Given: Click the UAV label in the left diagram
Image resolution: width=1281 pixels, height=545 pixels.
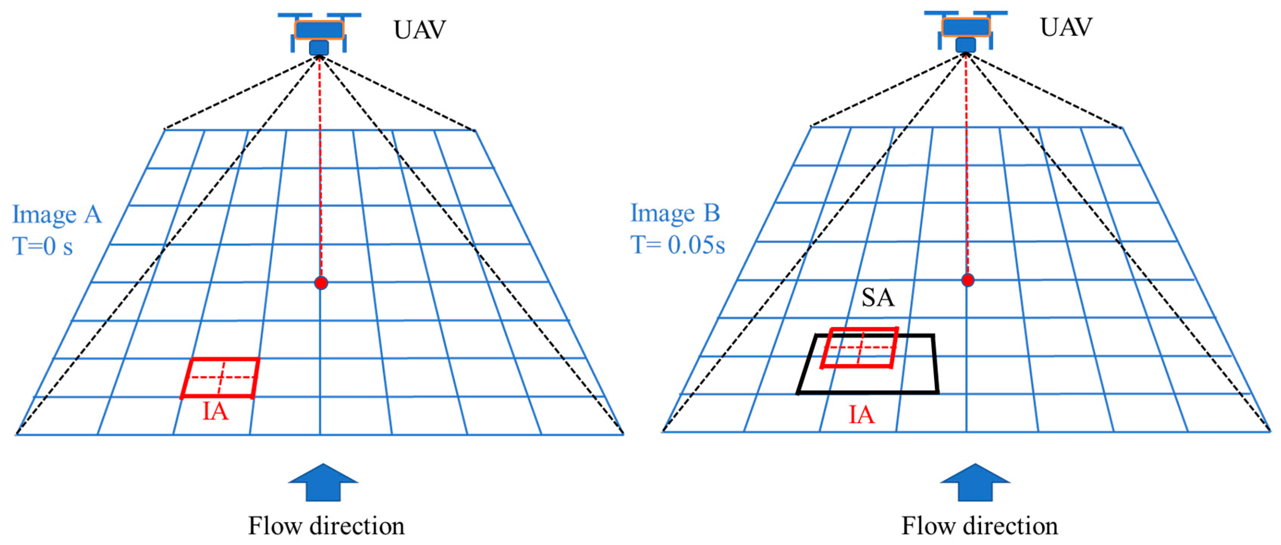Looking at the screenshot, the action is (419, 30).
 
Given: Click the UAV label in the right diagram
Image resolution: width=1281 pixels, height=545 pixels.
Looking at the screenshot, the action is (1066, 27).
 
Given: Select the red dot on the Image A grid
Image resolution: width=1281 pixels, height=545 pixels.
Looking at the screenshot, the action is (321, 283).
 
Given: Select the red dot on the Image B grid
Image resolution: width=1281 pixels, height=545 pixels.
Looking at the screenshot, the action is (967, 280).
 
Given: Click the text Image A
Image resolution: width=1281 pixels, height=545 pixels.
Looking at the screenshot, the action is (57, 215).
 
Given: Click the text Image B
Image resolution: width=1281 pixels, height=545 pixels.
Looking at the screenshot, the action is (675, 213).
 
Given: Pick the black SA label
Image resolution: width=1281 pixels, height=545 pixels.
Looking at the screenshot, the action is (878, 298).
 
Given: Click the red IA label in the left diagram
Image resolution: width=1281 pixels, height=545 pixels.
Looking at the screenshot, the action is (215, 412).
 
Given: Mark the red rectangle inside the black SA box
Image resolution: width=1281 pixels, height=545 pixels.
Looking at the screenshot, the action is (859, 348).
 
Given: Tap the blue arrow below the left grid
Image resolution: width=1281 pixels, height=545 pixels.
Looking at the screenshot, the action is (323, 482).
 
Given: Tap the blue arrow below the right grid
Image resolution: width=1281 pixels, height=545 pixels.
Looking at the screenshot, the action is (975, 482).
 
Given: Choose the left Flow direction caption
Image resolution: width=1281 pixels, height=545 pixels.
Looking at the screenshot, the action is (326, 526).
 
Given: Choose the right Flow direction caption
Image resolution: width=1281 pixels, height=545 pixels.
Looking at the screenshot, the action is (980, 526).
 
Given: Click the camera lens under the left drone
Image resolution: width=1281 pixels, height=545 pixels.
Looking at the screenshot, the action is (319, 48).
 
